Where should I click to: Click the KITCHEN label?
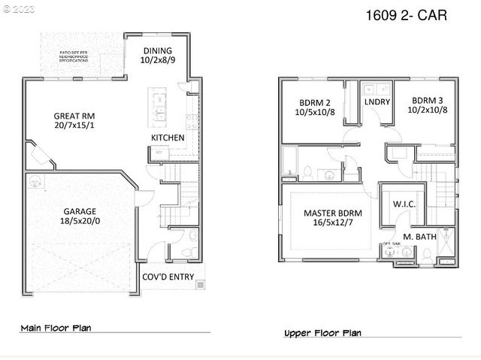168,138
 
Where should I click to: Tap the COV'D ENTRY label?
168,277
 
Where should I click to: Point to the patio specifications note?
81,56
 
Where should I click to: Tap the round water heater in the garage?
34,181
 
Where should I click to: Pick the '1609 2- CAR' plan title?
406,16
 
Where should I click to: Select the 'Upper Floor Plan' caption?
322,333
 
